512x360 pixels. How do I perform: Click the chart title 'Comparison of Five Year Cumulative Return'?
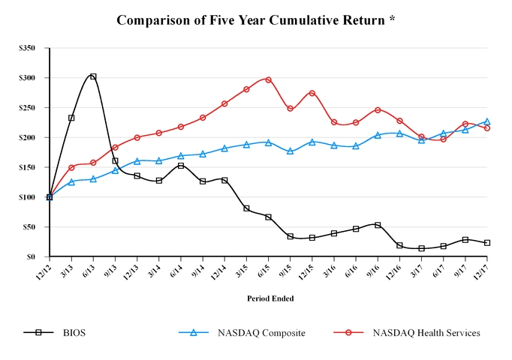[x=251, y=19]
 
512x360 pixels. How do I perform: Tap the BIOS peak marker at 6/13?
[x=93, y=76]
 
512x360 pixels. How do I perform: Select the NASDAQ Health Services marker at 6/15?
[x=268, y=79]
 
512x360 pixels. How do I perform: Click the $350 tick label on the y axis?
[x=27, y=48]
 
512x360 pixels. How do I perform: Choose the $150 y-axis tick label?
[x=27, y=167]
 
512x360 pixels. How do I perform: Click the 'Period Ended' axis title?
[x=270, y=298]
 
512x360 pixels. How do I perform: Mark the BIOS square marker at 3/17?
[x=421, y=248]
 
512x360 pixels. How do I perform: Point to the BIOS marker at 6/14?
[x=181, y=166]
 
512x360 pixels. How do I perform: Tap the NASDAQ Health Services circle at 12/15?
[x=312, y=93]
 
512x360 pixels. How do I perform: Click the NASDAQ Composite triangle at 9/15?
[x=290, y=151]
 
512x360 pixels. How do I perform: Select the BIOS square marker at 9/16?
[x=378, y=225]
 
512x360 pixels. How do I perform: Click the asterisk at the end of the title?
[x=392, y=18]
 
